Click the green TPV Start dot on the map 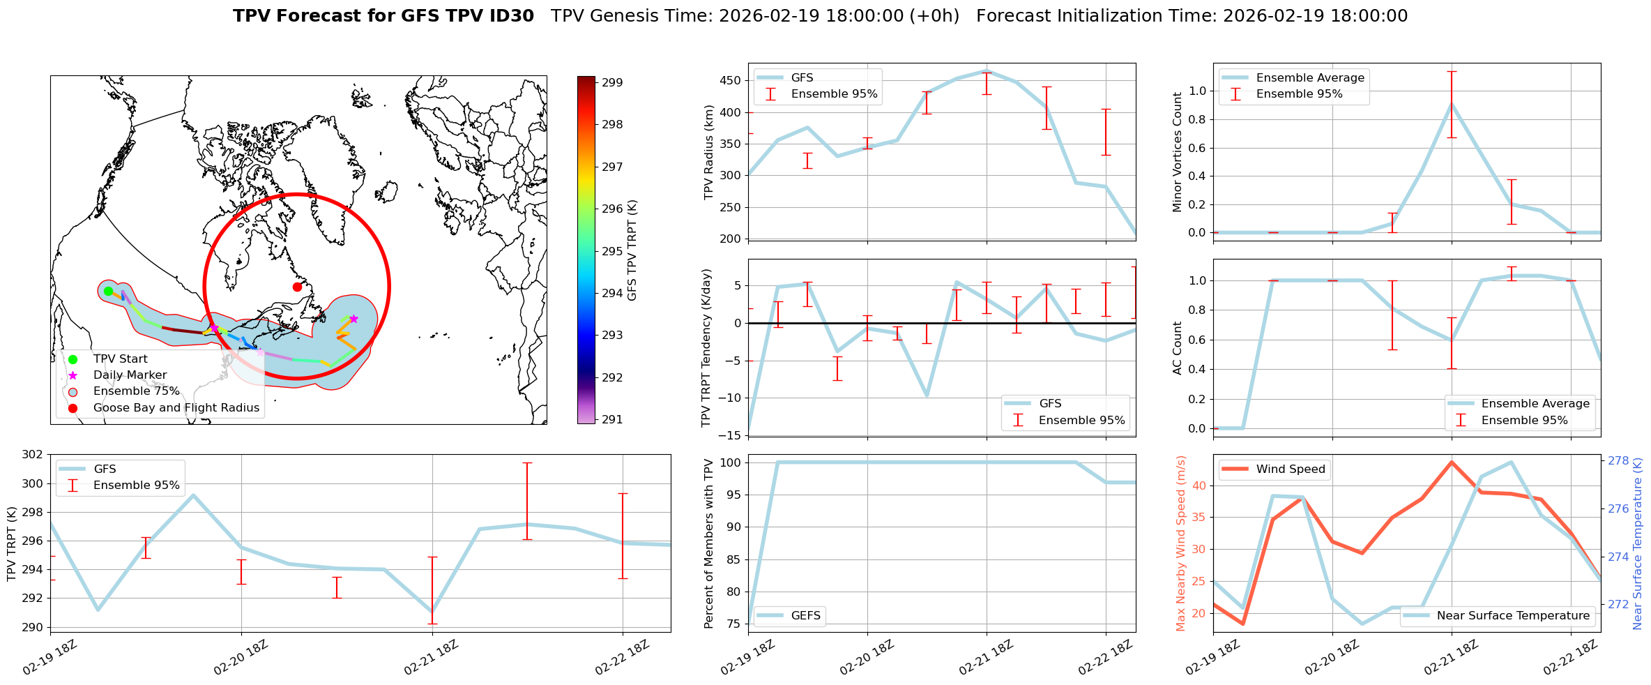108,291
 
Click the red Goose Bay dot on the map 297,287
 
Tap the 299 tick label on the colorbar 612,82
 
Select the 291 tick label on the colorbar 612,419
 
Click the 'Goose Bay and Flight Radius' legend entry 176,407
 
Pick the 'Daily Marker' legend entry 130,375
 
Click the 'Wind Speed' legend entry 1290,469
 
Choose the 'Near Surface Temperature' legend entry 1513,615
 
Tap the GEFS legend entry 805,615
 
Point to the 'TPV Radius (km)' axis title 709,152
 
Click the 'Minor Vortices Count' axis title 1177,152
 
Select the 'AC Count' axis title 1177,348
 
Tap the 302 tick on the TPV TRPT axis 33,455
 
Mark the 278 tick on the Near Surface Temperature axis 1618,460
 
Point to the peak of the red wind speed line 1451,462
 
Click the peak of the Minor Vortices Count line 1451,104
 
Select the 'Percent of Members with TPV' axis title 709,543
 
